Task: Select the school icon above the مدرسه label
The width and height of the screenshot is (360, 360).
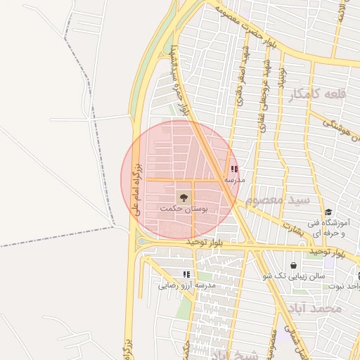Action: [234, 169]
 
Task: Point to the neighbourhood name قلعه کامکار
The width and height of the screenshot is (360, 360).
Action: [317, 94]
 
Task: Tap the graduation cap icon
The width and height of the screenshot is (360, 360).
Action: [328, 212]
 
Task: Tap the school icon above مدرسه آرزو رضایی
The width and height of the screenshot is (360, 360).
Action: [186, 274]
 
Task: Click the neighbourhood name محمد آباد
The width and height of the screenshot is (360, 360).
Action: [318, 308]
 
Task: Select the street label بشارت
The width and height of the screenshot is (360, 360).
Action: [292, 224]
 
